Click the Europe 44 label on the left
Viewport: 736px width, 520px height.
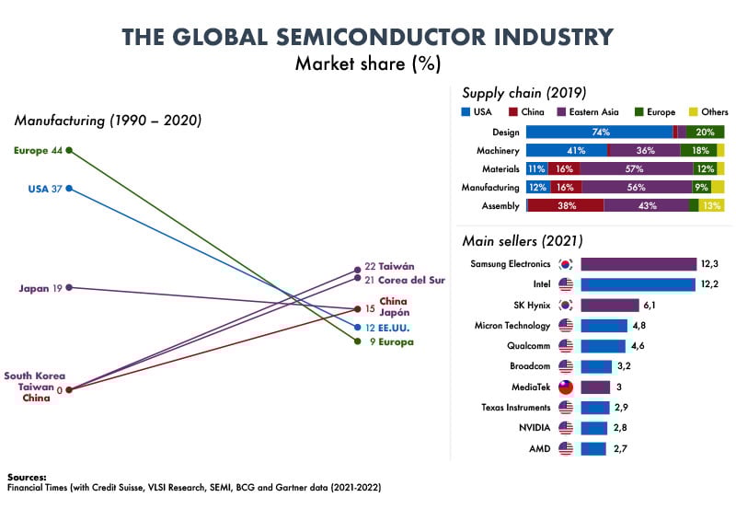click(x=38, y=150)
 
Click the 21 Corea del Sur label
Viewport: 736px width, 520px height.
click(x=406, y=279)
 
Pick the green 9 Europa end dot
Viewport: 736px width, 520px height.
click(x=358, y=341)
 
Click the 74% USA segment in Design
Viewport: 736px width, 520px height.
click(x=598, y=133)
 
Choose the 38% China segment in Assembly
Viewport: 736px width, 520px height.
click(x=566, y=205)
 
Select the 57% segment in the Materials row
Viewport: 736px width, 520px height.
click(x=636, y=168)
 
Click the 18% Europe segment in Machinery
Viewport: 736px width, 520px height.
click(x=698, y=150)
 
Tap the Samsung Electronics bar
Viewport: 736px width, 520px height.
click(x=638, y=264)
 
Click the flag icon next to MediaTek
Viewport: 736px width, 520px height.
click(x=566, y=387)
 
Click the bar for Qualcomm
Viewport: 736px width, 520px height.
click(x=603, y=346)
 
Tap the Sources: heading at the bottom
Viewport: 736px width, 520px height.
click(x=27, y=477)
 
